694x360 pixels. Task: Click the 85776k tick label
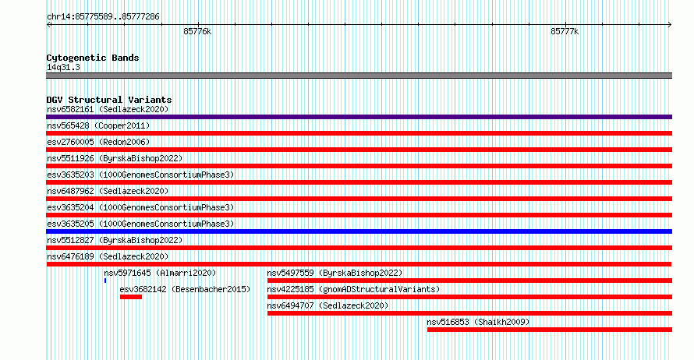pos(197,32)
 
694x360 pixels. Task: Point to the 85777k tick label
pos(565,32)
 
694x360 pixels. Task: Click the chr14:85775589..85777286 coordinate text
pos(103,17)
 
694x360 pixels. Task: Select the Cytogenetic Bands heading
pos(93,58)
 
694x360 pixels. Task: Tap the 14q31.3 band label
pos(63,67)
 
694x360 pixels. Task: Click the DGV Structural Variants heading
pos(109,100)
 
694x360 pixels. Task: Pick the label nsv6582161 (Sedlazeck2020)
pos(108,109)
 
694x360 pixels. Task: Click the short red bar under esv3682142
pos(130,297)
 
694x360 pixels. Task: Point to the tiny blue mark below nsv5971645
pos(105,281)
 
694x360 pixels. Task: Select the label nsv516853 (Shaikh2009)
pos(478,322)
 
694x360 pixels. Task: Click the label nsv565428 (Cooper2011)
pos(98,125)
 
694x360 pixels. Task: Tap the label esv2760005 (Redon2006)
pos(98,142)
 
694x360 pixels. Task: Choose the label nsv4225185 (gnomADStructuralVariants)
pos(353,289)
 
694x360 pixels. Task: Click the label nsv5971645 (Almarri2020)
pos(160,273)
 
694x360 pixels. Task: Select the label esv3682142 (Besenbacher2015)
pos(185,289)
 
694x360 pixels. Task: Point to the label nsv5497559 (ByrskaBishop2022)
pos(335,273)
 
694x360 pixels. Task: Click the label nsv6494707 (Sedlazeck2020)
pos(328,305)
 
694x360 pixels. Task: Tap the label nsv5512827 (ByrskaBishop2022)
pos(115,240)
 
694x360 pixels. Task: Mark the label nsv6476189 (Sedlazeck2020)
pos(108,256)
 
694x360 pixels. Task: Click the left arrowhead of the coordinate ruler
pos(48,25)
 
